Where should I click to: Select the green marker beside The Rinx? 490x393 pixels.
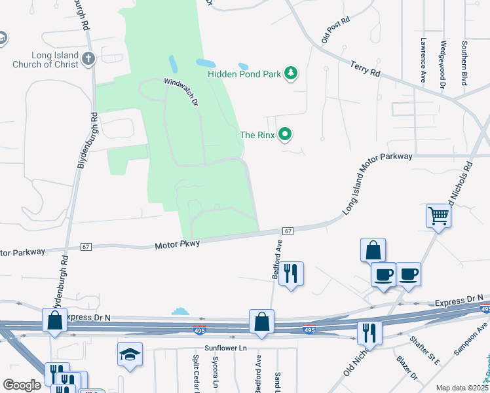click(x=285, y=135)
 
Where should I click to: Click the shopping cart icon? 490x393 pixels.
click(x=438, y=215)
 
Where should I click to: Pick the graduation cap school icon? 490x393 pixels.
click(x=130, y=355)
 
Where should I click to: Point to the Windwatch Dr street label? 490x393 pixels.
click(x=181, y=92)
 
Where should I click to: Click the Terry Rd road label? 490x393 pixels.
click(x=366, y=68)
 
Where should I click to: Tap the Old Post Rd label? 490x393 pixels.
click(x=335, y=29)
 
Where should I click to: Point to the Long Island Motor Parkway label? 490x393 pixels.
click(x=378, y=183)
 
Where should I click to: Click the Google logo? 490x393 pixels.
click(x=22, y=385)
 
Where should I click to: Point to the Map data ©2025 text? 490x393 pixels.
click(x=461, y=388)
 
